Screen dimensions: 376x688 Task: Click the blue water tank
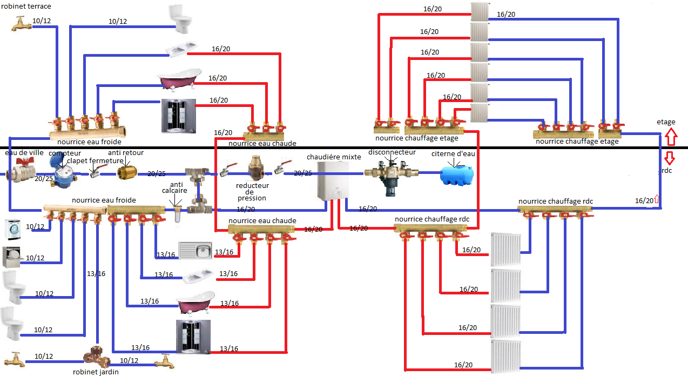456,174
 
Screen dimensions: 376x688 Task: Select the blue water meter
60,174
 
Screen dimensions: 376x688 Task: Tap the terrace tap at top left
21,23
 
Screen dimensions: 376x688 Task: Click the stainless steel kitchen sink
195,251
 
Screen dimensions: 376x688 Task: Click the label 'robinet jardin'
96,372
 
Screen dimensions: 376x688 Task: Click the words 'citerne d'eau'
454,154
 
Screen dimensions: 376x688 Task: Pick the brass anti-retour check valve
127,172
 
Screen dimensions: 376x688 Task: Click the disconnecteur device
391,174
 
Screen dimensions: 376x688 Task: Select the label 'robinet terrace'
26,6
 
